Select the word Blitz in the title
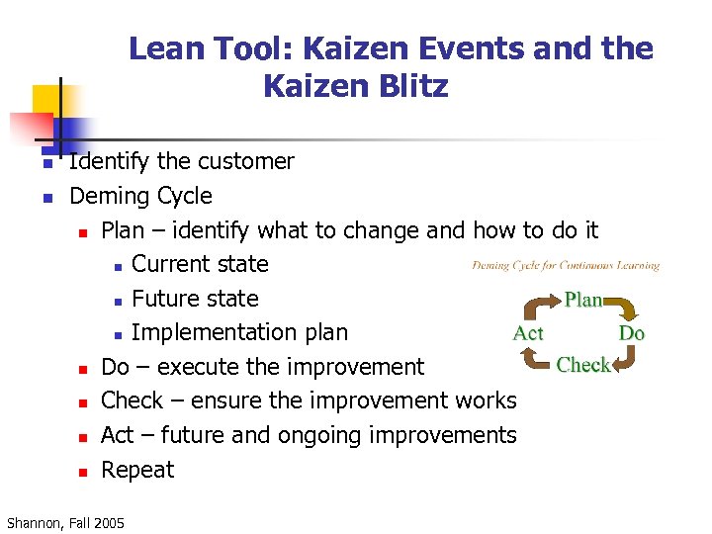coord(410,87)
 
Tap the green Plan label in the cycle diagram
coord(582,300)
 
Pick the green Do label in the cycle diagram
coord(631,333)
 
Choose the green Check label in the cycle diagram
coord(582,365)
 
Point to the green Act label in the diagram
coord(528,333)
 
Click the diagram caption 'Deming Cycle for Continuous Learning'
coord(566,265)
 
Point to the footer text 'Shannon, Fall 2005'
coord(65,522)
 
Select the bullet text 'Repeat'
coord(137,470)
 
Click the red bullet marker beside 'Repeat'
coord(84,472)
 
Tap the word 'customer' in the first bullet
coord(248,161)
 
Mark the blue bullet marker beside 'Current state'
coord(117,266)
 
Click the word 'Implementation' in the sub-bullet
coord(211,332)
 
